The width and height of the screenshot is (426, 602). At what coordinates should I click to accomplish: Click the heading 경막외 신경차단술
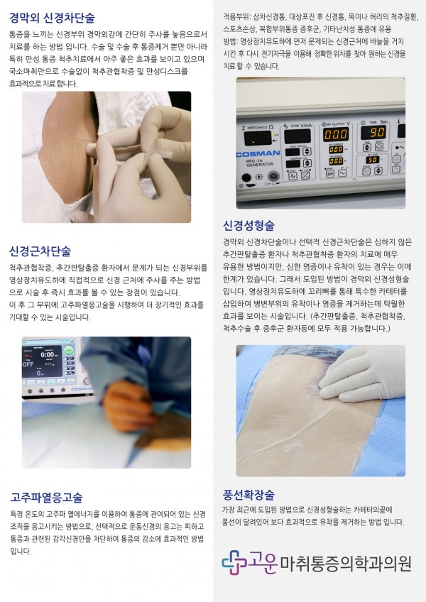(52, 18)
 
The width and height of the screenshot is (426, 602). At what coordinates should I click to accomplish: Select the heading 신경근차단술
(40, 251)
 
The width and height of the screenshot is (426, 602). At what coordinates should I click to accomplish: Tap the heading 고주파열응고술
(46, 498)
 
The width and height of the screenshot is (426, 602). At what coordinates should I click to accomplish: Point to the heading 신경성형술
(248, 225)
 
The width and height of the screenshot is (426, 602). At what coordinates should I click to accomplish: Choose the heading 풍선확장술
(248, 494)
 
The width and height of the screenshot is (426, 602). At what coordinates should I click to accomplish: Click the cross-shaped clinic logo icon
(234, 562)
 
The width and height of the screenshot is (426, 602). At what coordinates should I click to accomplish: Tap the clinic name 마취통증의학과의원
(346, 563)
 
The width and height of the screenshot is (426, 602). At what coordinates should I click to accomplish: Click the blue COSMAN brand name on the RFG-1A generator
(258, 154)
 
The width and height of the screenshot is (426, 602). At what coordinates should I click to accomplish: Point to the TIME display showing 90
(373, 133)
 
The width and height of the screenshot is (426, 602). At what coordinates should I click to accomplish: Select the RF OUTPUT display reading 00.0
(336, 134)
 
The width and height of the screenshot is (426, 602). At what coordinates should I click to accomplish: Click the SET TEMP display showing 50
(372, 159)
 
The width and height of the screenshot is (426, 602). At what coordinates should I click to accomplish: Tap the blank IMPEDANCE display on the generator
(258, 138)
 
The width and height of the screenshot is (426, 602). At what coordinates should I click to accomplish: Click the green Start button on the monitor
(68, 350)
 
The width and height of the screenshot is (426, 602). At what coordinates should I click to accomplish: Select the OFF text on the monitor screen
(28, 364)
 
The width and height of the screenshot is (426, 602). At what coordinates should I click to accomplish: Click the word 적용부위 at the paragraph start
(236, 17)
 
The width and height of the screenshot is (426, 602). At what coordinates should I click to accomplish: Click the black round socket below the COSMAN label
(246, 177)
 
